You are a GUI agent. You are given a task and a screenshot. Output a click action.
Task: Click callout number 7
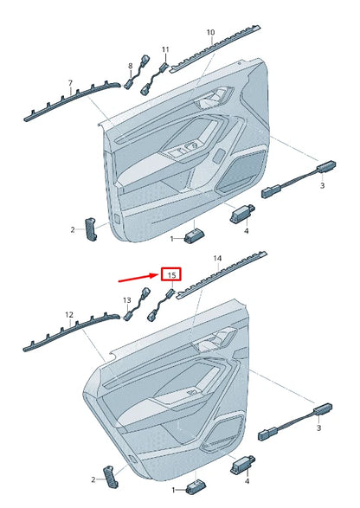(x=69, y=83)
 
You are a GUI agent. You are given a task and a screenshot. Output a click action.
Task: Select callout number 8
(x=131, y=66)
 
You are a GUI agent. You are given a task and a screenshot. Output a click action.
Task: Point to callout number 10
(x=210, y=33)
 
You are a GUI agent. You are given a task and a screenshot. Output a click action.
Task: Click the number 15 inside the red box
(x=171, y=274)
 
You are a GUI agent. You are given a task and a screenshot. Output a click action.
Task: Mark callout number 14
(x=217, y=259)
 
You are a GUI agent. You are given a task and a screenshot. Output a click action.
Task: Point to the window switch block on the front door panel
(x=185, y=155)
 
